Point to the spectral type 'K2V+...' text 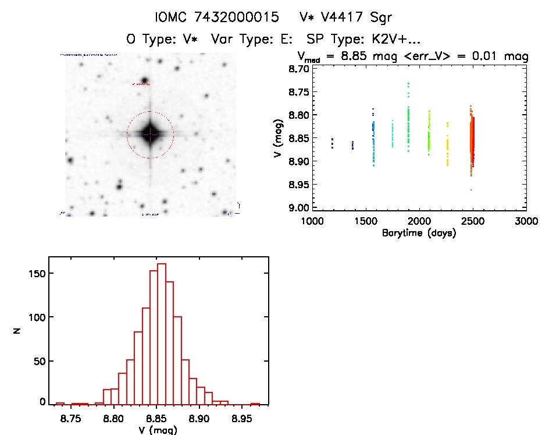391,40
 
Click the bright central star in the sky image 150,134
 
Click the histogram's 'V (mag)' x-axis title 155,430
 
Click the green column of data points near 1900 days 408,122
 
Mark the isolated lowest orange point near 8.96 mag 471,190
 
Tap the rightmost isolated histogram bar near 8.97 255,404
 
